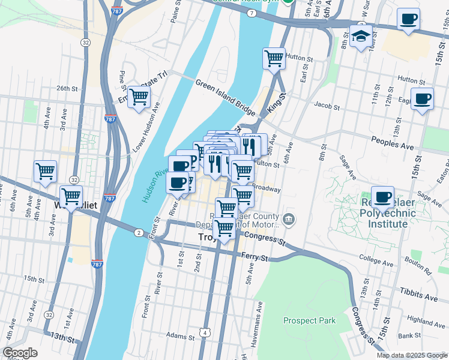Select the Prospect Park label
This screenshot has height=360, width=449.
pos(309,320)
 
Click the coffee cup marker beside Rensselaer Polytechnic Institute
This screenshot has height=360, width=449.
pos(382,196)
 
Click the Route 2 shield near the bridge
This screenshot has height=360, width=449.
pos(139,232)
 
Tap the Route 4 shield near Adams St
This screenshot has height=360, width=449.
pos(205,332)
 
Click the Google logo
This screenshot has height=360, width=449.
pos(20,353)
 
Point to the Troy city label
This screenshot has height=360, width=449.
pos(207,238)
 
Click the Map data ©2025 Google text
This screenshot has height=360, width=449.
pos(411,355)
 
